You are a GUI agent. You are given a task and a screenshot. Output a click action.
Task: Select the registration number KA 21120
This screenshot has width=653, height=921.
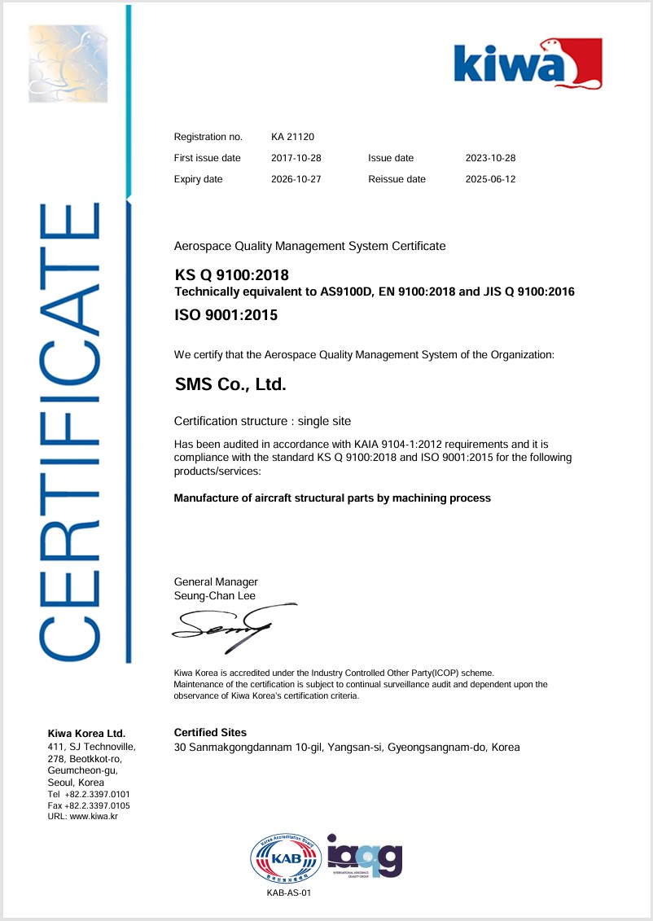pyautogui.click(x=294, y=137)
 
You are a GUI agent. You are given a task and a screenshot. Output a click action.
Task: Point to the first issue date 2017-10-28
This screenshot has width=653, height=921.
pyautogui.click(x=296, y=158)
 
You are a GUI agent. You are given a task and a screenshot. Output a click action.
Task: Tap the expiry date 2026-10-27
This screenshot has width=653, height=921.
pyautogui.click(x=296, y=179)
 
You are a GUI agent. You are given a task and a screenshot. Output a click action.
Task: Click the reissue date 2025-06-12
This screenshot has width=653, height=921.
pyautogui.click(x=489, y=179)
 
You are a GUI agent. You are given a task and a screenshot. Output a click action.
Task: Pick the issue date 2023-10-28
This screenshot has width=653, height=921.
pyautogui.click(x=489, y=158)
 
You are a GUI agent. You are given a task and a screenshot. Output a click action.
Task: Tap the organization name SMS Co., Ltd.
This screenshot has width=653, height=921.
pyautogui.click(x=230, y=384)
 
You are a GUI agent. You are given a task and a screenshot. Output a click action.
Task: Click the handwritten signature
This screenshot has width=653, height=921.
pyautogui.click(x=231, y=626)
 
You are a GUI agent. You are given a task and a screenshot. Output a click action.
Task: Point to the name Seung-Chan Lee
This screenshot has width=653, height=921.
pyautogui.click(x=215, y=595)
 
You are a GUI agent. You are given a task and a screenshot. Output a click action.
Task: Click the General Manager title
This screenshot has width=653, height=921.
pyautogui.click(x=216, y=581)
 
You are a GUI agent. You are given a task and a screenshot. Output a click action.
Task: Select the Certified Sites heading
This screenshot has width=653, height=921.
pyautogui.click(x=210, y=733)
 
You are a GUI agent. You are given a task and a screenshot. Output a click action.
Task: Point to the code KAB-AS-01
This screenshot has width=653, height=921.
pyautogui.click(x=289, y=893)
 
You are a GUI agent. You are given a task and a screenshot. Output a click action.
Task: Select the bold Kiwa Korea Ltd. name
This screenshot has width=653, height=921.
pyautogui.click(x=87, y=734)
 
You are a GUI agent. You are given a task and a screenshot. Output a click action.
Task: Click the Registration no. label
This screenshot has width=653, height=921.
pyautogui.click(x=208, y=137)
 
